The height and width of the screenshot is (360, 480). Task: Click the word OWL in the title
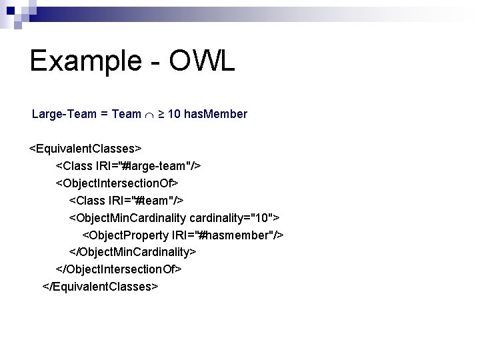point(202,61)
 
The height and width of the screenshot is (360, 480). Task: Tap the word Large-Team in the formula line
point(64,114)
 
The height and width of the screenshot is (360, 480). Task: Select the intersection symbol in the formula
point(151,115)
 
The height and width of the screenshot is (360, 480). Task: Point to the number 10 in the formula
point(173,114)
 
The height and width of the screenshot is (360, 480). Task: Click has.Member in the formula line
point(215,114)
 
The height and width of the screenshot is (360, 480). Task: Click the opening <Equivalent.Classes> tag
point(85,147)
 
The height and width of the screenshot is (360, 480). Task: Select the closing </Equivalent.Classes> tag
point(100,286)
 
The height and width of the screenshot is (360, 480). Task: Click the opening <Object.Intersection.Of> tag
point(117,182)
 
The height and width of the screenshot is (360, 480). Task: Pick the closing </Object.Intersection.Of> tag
point(119,269)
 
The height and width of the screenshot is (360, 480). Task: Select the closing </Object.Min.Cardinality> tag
point(133,251)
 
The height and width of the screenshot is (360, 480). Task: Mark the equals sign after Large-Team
point(105,114)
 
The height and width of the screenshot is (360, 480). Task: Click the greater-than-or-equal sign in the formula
point(162,114)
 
